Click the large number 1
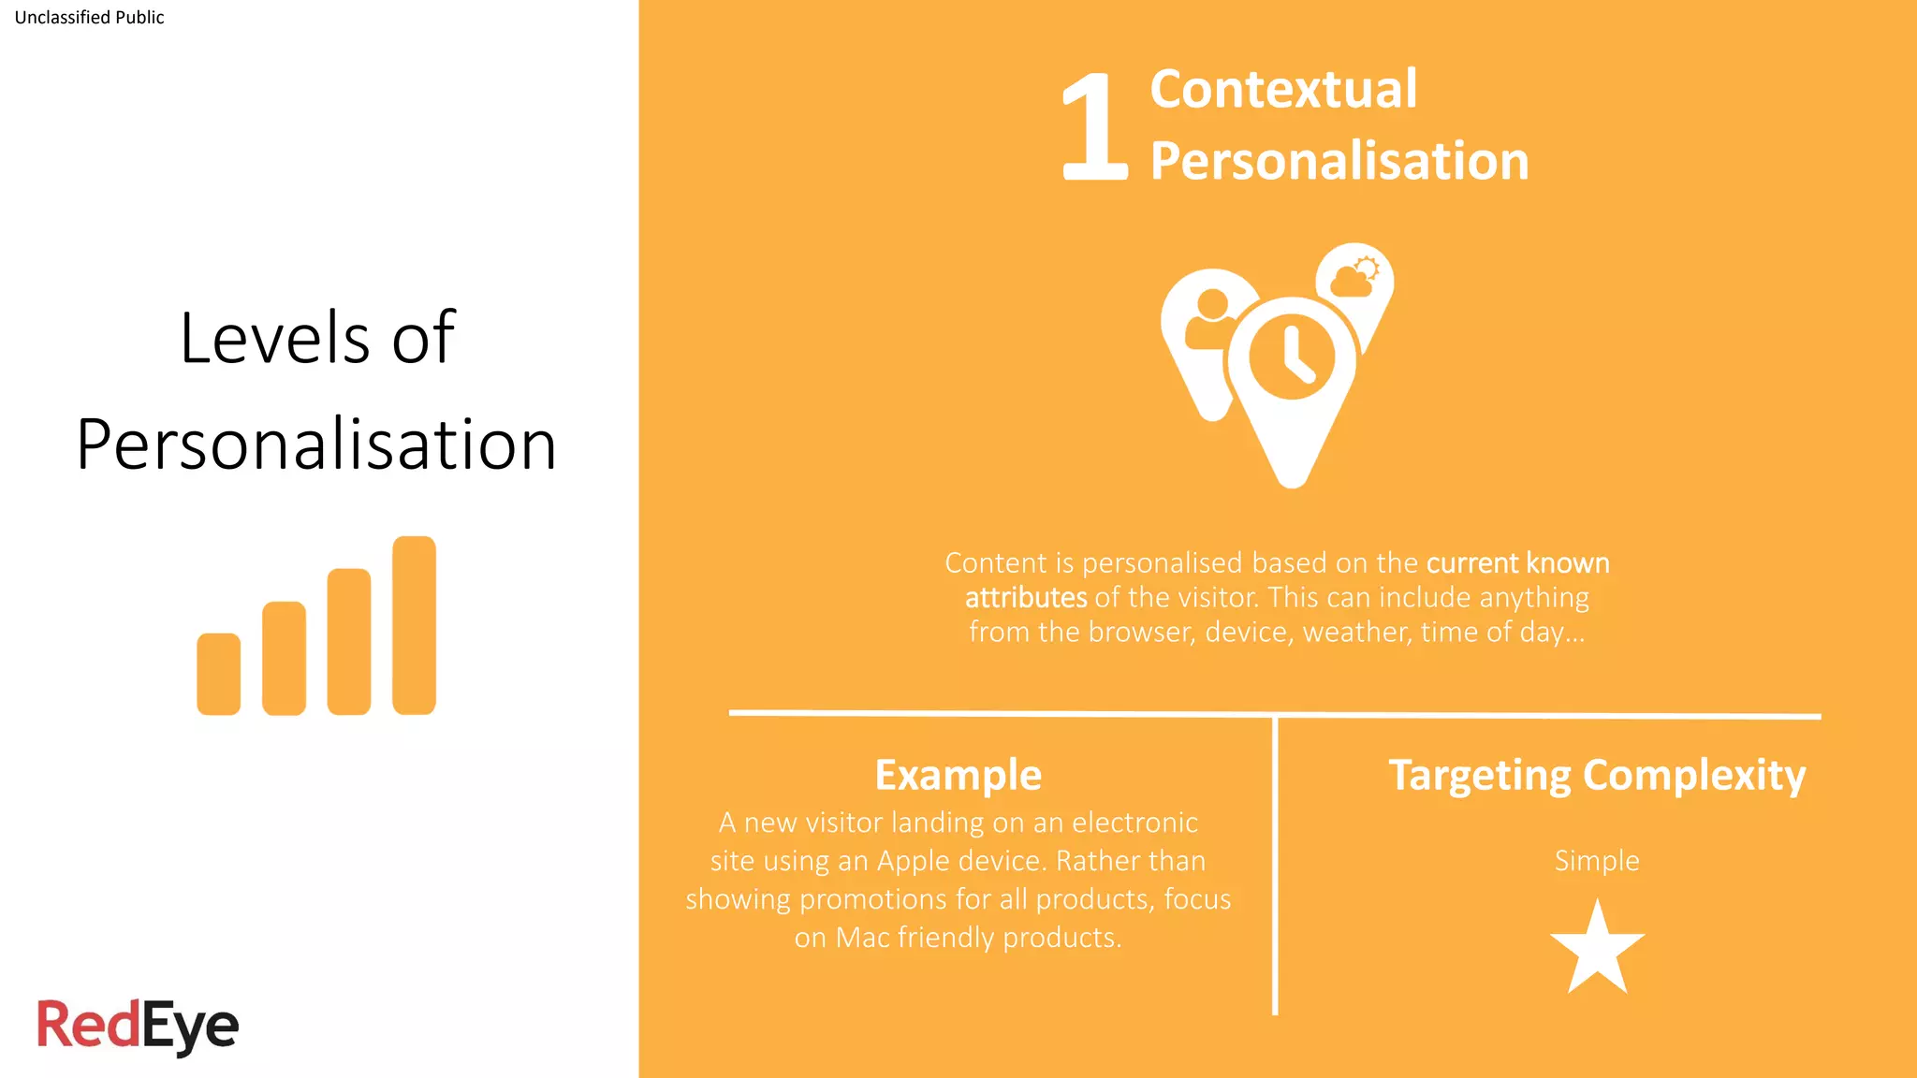coord(1094,127)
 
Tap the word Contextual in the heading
coord(1283,89)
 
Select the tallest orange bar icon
coord(414,625)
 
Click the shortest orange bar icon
coord(218,674)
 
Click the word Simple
coord(1597,861)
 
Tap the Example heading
coord(958,775)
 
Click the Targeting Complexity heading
coord(1597,775)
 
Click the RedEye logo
coord(138,1026)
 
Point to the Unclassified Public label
coord(89,18)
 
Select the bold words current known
coord(1517,563)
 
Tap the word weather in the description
coord(1356,633)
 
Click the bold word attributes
coord(1026,598)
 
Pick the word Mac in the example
coord(862,938)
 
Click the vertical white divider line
coord(1275,866)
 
